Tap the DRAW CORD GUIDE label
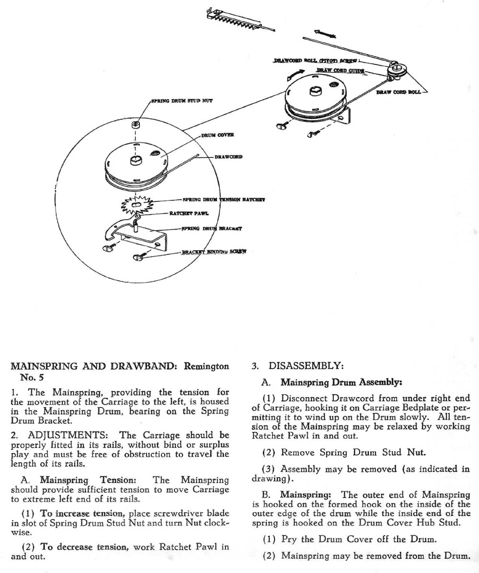point(340,71)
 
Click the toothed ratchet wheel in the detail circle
point(137,205)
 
